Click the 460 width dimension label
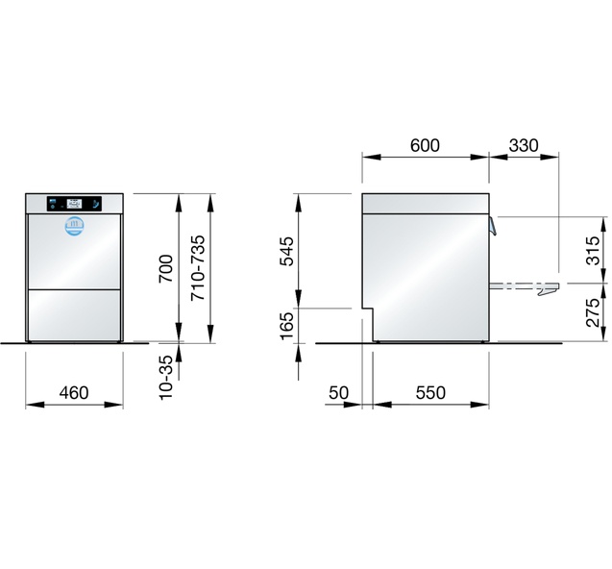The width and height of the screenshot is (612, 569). click(x=74, y=392)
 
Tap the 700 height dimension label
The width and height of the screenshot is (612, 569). click(x=166, y=268)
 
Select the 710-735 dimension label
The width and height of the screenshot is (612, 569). click(x=198, y=268)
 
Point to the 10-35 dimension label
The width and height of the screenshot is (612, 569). click(x=166, y=377)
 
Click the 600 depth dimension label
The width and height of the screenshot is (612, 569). click(x=425, y=145)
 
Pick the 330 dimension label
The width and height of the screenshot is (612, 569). click(x=524, y=145)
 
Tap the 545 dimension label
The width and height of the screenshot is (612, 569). click(x=286, y=251)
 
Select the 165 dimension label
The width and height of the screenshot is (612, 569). click(x=286, y=326)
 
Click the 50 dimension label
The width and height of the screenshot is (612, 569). click(x=338, y=392)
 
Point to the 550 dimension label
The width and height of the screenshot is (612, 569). click(x=430, y=392)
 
